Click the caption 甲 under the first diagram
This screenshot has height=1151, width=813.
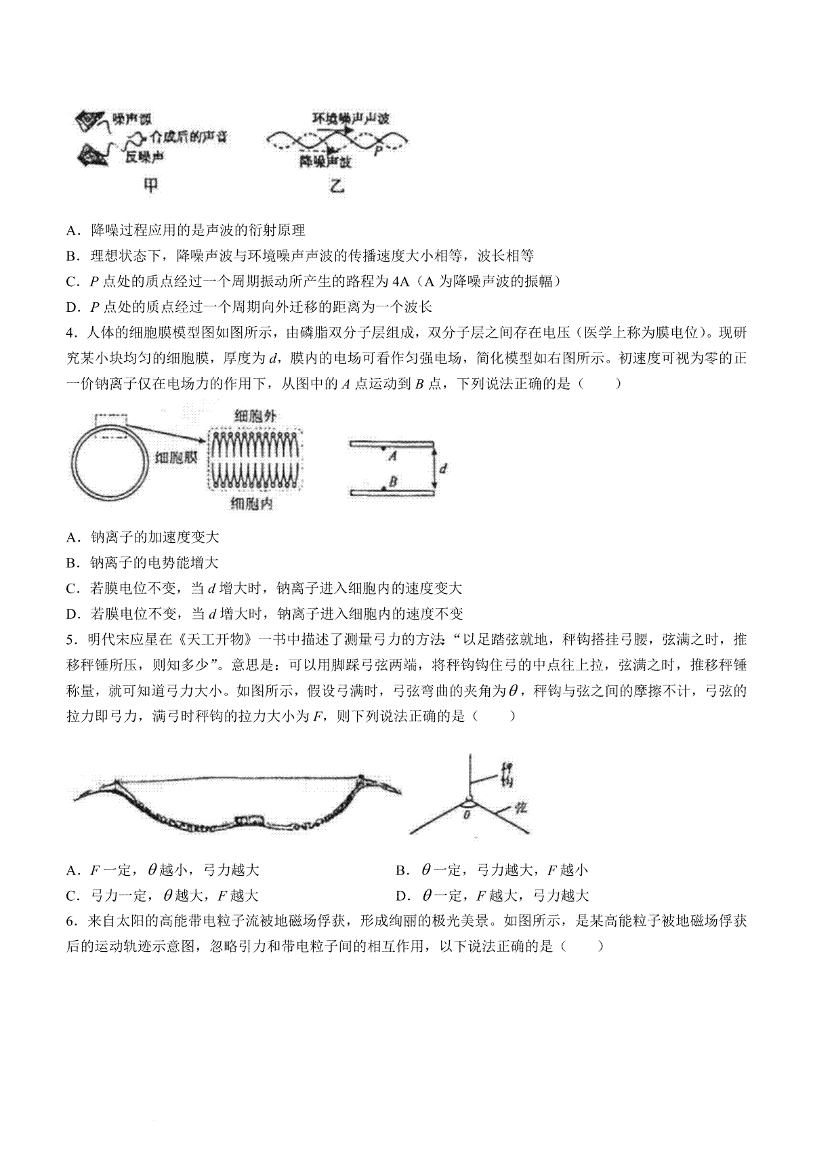click(150, 185)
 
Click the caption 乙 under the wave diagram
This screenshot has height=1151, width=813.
click(337, 185)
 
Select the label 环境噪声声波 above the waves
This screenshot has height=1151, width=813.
click(350, 119)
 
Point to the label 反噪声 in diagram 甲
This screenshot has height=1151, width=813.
click(146, 157)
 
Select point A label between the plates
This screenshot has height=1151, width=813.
click(392, 456)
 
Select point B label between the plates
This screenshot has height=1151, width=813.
click(392, 482)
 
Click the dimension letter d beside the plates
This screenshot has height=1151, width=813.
click(442, 468)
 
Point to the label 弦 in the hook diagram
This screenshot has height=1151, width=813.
click(520, 807)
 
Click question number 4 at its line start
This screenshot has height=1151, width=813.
click(70, 333)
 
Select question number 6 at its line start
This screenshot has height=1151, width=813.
click(70, 921)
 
